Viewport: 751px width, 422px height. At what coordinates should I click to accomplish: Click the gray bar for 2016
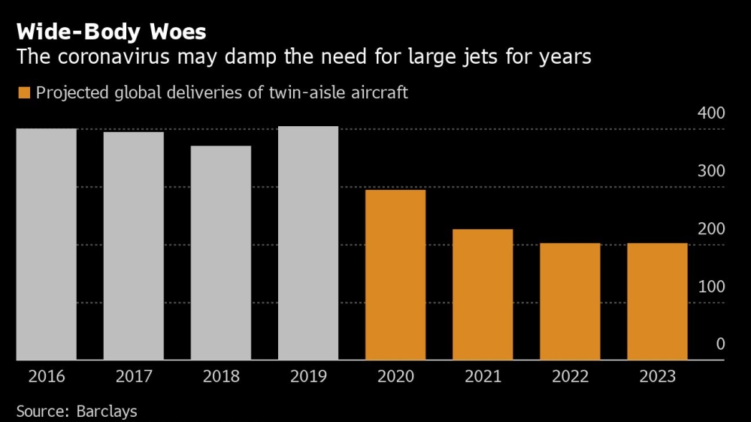(46, 244)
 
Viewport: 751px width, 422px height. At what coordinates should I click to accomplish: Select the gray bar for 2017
(133, 246)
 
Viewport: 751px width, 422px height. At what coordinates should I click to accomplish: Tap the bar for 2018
(220, 253)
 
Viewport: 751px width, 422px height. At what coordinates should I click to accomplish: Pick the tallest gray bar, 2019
(307, 243)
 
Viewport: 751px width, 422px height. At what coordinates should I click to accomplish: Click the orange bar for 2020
(395, 275)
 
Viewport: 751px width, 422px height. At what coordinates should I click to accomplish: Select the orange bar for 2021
(482, 294)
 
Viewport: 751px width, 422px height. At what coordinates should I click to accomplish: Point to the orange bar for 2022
(570, 301)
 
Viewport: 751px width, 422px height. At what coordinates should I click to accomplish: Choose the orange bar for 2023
(657, 301)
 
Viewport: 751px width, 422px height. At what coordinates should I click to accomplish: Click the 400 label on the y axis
(710, 113)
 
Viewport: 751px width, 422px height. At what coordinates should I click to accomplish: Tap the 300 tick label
(710, 171)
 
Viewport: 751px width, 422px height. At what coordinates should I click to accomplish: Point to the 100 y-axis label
(710, 287)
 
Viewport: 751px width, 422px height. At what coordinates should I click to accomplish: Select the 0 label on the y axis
(720, 345)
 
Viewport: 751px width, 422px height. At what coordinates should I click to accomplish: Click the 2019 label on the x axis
(307, 377)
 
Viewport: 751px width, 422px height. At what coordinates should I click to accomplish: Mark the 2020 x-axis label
(395, 377)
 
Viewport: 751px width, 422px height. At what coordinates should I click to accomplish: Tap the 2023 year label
(657, 377)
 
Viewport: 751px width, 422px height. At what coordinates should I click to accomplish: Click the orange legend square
(24, 93)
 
